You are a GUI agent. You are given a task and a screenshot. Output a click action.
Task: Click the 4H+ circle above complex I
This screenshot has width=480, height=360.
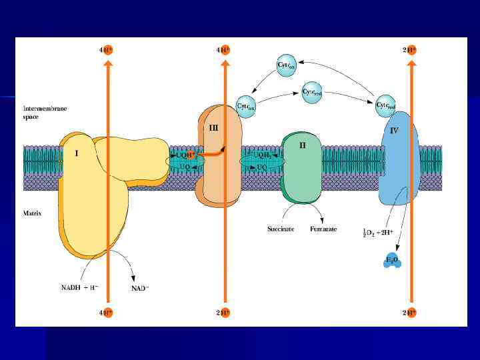click(x=105, y=49)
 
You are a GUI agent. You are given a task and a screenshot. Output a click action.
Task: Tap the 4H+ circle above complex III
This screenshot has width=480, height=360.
click(x=223, y=49)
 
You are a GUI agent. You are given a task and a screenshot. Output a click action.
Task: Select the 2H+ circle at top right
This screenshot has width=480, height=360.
click(x=410, y=49)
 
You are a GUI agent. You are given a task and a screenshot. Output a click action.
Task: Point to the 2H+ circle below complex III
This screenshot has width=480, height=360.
click(x=223, y=312)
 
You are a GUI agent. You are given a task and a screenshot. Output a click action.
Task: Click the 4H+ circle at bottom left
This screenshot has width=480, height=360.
click(x=105, y=312)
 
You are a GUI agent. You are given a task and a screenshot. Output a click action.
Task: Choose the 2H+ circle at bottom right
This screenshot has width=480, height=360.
click(x=410, y=312)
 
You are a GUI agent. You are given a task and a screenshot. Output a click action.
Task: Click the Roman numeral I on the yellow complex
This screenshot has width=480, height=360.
click(x=77, y=153)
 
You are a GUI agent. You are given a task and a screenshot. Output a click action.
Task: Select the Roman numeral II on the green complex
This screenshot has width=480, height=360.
click(x=302, y=145)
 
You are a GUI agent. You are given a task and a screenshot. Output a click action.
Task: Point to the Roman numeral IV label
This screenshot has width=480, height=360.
click(x=394, y=131)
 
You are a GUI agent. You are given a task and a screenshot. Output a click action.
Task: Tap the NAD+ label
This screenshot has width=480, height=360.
click(x=139, y=289)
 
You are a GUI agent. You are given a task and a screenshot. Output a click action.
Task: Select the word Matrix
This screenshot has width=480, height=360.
click(x=33, y=213)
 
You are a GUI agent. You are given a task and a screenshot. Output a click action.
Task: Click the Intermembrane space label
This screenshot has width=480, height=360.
click(x=44, y=112)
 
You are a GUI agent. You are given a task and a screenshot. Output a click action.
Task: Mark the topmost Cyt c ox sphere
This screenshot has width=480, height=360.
click(x=285, y=65)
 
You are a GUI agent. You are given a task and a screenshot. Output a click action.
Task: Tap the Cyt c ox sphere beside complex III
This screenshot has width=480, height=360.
click(x=247, y=105)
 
